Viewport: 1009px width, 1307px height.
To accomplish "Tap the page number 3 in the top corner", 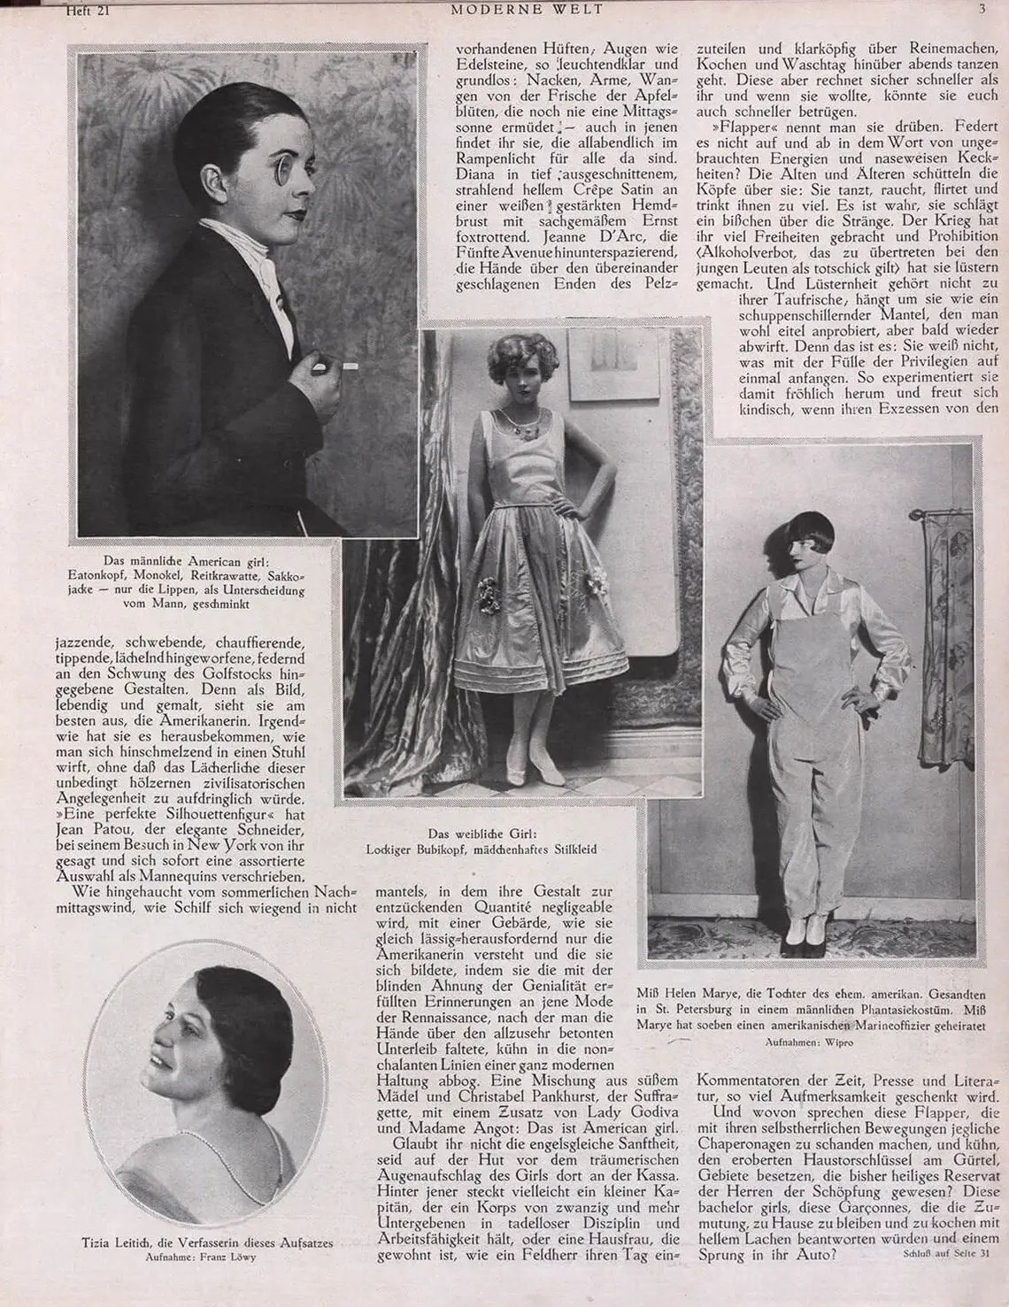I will (982, 9).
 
